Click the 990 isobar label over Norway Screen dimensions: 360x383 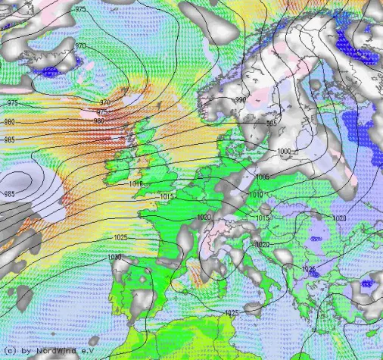tap(240, 100)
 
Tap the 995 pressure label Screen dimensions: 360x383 tap(271, 123)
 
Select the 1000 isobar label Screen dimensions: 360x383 tap(283, 152)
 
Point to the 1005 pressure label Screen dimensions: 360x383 tap(263, 177)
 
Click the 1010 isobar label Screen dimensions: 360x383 tap(255, 195)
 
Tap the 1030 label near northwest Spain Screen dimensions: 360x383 tap(115, 258)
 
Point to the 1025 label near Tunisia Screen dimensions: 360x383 tap(232, 313)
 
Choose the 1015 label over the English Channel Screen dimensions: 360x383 tap(168, 197)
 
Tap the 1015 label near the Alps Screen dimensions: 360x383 tap(263, 218)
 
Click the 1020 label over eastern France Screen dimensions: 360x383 tap(204, 217)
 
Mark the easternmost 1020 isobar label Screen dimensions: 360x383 tap(338, 218)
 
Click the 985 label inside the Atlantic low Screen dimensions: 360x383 tap(10, 195)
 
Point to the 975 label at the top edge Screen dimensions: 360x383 tap(82, 8)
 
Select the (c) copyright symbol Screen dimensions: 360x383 tap(9, 351)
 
